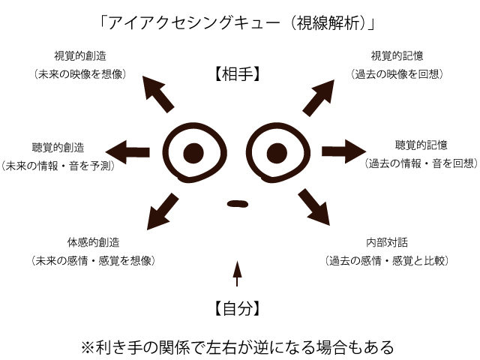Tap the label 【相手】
pos(237,74)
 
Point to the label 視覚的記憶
pos(397,56)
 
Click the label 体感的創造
pos(93,242)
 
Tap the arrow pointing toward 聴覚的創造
pos(132,152)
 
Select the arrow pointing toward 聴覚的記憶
pos(343,150)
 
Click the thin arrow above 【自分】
pos(238,274)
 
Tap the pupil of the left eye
pos(194,153)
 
